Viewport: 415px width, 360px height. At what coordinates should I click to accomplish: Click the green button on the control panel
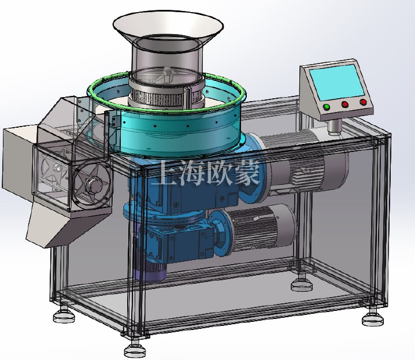[327, 107]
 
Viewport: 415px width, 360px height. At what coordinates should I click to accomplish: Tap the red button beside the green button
[345, 105]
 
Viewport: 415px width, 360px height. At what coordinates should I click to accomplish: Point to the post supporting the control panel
[334, 125]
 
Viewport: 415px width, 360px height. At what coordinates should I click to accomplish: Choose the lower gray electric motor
[260, 228]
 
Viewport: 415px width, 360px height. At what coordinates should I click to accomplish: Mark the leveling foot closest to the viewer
[135, 349]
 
